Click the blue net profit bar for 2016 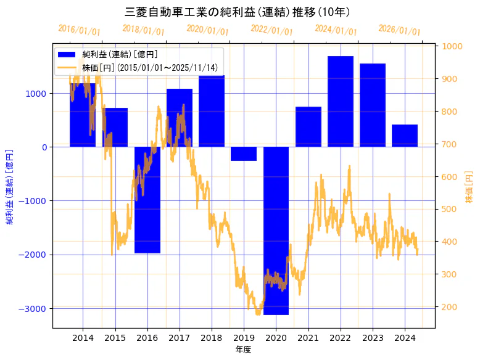[147, 200]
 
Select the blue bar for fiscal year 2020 [276, 231]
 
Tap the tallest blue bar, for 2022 [341, 101]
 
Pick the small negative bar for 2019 [244, 153]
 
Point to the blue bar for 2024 [405, 136]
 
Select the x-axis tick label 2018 [212, 338]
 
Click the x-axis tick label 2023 [373, 338]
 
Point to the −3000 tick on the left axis [36, 308]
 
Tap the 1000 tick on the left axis [38, 94]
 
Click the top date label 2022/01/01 [271, 30]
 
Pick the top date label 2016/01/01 [79, 30]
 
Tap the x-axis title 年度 [244, 350]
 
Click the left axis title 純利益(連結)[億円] [10, 186]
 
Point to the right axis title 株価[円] [469, 189]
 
